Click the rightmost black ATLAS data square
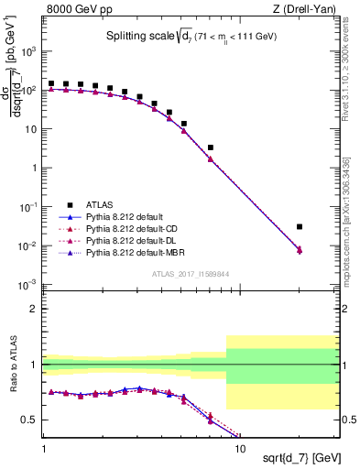coord(300,226)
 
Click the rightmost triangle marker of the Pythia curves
coord(300,249)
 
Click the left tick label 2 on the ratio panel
coord(35,309)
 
